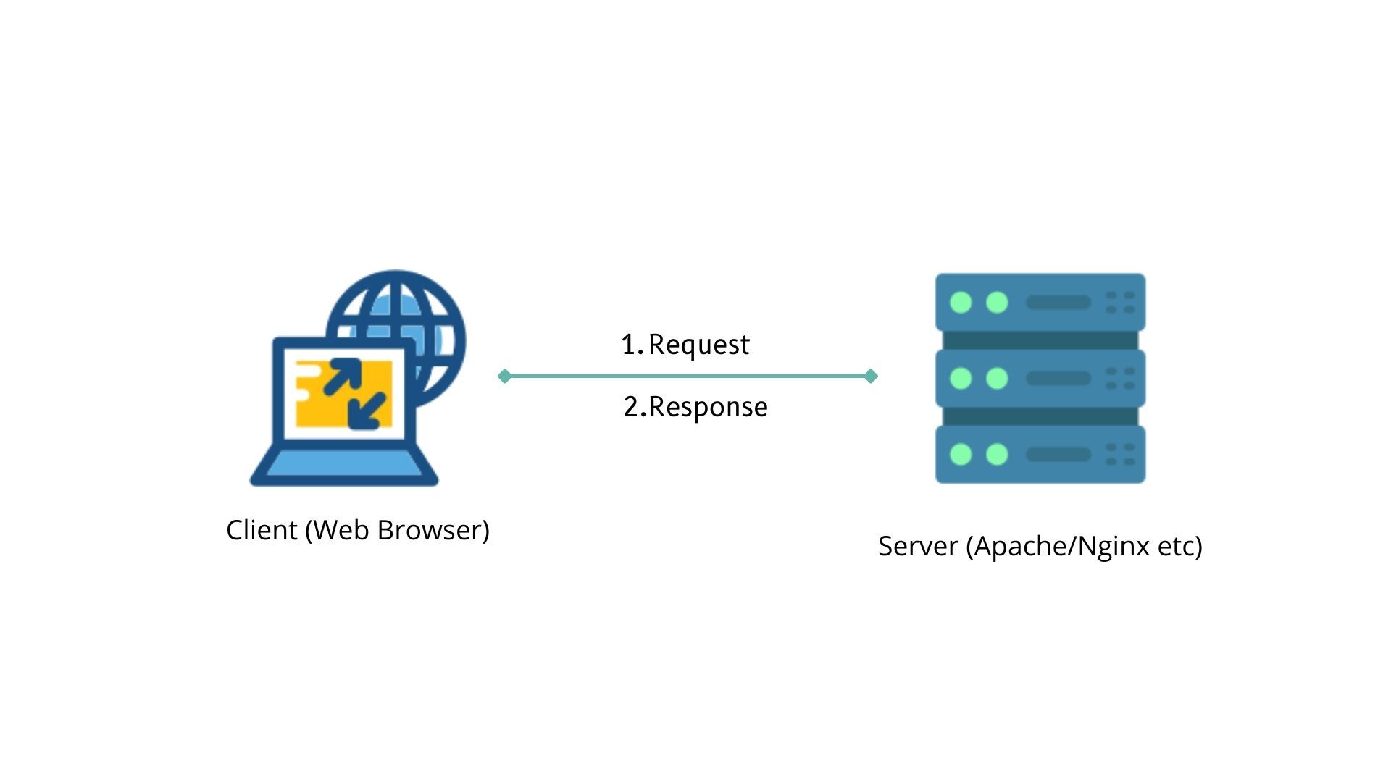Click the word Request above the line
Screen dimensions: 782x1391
(x=698, y=345)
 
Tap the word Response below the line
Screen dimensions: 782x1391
(x=708, y=407)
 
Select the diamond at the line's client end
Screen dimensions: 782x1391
(x=505, y=376)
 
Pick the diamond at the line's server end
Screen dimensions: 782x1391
(x=871, y=376)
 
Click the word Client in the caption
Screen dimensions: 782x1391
(x=262, y=530)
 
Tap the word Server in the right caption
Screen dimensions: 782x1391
(x=918, y=546)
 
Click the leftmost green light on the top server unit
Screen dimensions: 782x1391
(x=961, y=302)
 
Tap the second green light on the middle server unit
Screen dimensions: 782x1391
(x=997, y=378)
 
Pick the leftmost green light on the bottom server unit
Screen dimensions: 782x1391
(x=961, y=454)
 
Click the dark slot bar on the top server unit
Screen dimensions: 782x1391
(x=1058, y=302)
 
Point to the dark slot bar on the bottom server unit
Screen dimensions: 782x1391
(x=1058, y=454)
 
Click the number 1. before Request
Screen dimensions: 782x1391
(x=632, y=345)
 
